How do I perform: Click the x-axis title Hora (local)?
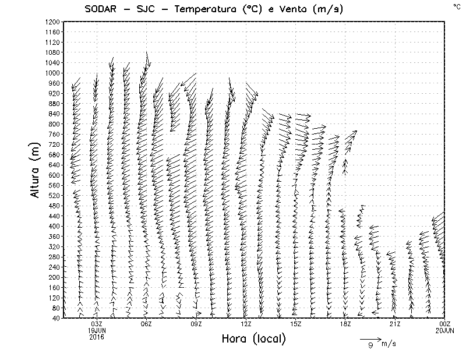(254, 338)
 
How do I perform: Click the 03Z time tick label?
(97, 324)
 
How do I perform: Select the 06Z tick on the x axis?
(146, 324)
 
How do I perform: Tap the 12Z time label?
(246, 324)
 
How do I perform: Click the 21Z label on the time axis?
(395, 324)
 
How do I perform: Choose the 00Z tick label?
(444, 324)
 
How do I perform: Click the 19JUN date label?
(97, 330)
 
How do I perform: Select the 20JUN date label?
(444, 330)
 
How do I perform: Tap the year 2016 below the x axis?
(97, 337)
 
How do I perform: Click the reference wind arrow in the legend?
(370, 338)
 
